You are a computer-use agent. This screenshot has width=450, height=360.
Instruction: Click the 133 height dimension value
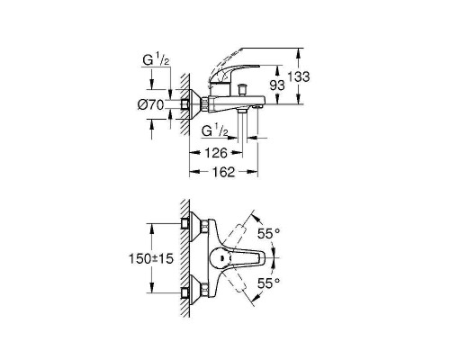(299, 76)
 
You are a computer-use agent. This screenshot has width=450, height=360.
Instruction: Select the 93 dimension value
(277, 85)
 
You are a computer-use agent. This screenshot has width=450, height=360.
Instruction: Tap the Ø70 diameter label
(150, 105)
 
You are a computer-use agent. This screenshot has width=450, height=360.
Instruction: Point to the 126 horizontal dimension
(216, 153)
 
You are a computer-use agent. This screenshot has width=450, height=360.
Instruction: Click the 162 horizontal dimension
(223, 172)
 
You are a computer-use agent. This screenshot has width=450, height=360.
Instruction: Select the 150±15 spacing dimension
(151, 258)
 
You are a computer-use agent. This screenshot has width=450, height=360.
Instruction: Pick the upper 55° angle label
(269, 233)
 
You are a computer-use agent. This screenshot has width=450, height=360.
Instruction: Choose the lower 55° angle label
(269, 283)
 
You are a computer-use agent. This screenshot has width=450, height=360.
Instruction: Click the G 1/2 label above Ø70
(156, 60)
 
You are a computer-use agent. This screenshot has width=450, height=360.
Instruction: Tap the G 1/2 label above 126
(215, 130)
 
